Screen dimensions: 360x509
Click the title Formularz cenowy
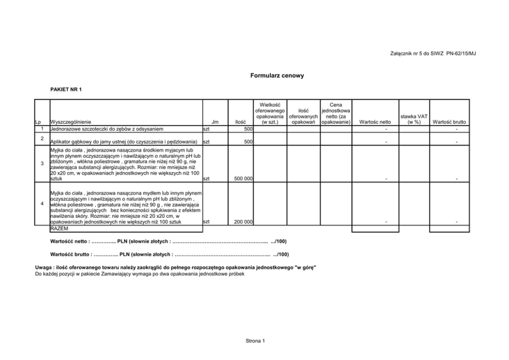(277, 75)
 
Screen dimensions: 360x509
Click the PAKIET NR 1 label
(66, 89)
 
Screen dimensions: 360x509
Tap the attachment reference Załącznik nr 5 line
(434, 53)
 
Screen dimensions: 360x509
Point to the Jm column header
(215, 122)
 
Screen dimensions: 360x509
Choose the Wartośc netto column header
(376, 122)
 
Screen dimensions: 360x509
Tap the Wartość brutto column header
(449, 122)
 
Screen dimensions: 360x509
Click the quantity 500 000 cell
(243, 179)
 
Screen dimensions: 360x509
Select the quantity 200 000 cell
(243, 222)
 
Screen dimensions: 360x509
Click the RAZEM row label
(59, 229)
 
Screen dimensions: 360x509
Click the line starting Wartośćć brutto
(169, 254)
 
